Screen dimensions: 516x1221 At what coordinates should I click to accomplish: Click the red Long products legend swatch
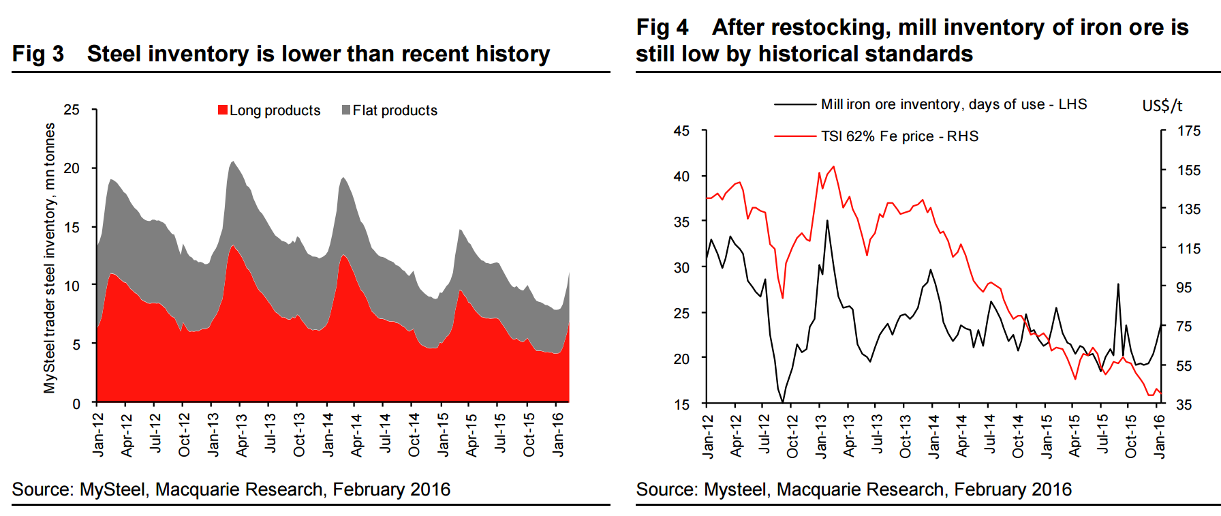click(x=223, y=110)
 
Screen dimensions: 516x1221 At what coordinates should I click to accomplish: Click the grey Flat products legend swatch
click(x=346, y=110)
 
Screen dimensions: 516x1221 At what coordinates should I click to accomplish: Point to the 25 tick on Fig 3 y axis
click(x=72, y=110)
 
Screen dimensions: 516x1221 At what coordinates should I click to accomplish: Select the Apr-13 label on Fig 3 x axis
click(x=242, y=434)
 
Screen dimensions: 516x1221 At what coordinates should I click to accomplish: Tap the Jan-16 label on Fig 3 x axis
click(x=558, y=434)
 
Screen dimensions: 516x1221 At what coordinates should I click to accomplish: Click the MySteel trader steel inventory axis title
click(x=50, y=258)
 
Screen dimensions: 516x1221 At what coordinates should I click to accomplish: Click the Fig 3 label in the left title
click(x=38, y=54)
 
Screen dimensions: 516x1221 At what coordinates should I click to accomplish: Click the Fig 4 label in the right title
click(x=662, y=27)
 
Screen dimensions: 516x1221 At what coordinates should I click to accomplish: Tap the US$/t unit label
click(x=1162, y=106)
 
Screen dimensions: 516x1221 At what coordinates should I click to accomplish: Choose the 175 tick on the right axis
click(x=1189, y=131)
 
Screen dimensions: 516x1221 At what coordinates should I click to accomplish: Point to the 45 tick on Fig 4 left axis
click(x=681, y=131)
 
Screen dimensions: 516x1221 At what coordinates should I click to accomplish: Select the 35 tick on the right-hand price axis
click(x=1184, y=405)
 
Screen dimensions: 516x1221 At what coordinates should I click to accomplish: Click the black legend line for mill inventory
click(x=794, y=104)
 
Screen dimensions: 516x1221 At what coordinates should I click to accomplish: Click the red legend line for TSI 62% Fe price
click(x=794, y=136)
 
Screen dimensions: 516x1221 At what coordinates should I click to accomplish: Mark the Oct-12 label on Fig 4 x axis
click(x=792, y=436)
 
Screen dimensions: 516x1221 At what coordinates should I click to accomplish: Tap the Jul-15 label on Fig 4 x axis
click(x=1102, y=436)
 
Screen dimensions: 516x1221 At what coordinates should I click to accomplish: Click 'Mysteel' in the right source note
click(x=735, y=489)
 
